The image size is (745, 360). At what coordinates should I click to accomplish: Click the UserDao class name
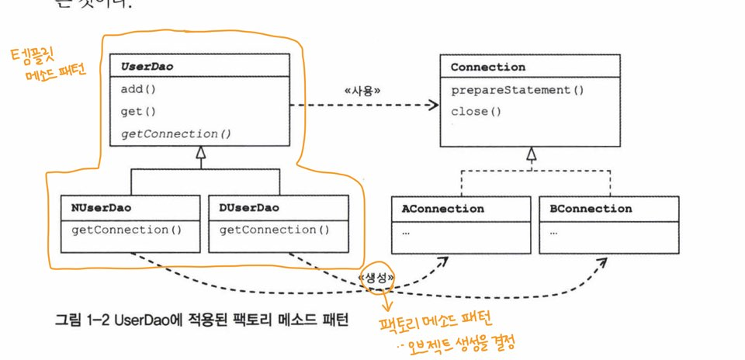click(147, 67)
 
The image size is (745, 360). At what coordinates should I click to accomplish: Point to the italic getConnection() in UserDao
click(176, 133)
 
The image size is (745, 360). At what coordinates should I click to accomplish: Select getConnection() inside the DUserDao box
click(275, 230)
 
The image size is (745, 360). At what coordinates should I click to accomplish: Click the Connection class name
click(488, 67)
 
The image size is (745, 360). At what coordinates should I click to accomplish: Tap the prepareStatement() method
click(518, 89)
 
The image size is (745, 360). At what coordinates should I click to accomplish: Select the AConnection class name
click(442, 209)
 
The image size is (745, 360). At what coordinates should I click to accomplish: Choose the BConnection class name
click(591, 209)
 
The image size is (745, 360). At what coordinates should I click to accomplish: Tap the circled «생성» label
click(377, 277)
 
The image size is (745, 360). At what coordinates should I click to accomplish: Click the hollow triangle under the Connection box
click(531, 154)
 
